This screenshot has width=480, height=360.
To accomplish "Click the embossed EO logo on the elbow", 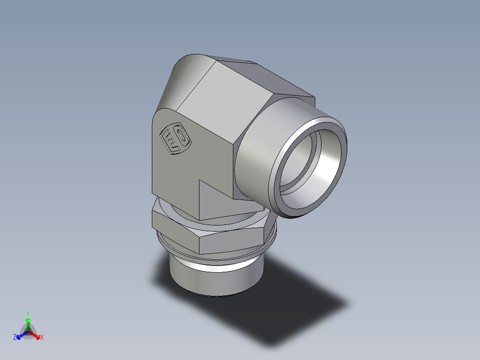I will (175, 139).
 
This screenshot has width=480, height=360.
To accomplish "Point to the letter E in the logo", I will (170, 137).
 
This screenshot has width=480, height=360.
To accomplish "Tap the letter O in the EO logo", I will (182, 142).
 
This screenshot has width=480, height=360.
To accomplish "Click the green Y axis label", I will (28, 313).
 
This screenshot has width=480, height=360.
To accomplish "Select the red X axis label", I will (42, 338).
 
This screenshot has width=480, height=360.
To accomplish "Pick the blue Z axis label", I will (15, 338).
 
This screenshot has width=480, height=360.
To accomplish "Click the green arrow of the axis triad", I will (28, 322).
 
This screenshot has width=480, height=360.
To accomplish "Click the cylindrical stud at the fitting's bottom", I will (214, 278).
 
